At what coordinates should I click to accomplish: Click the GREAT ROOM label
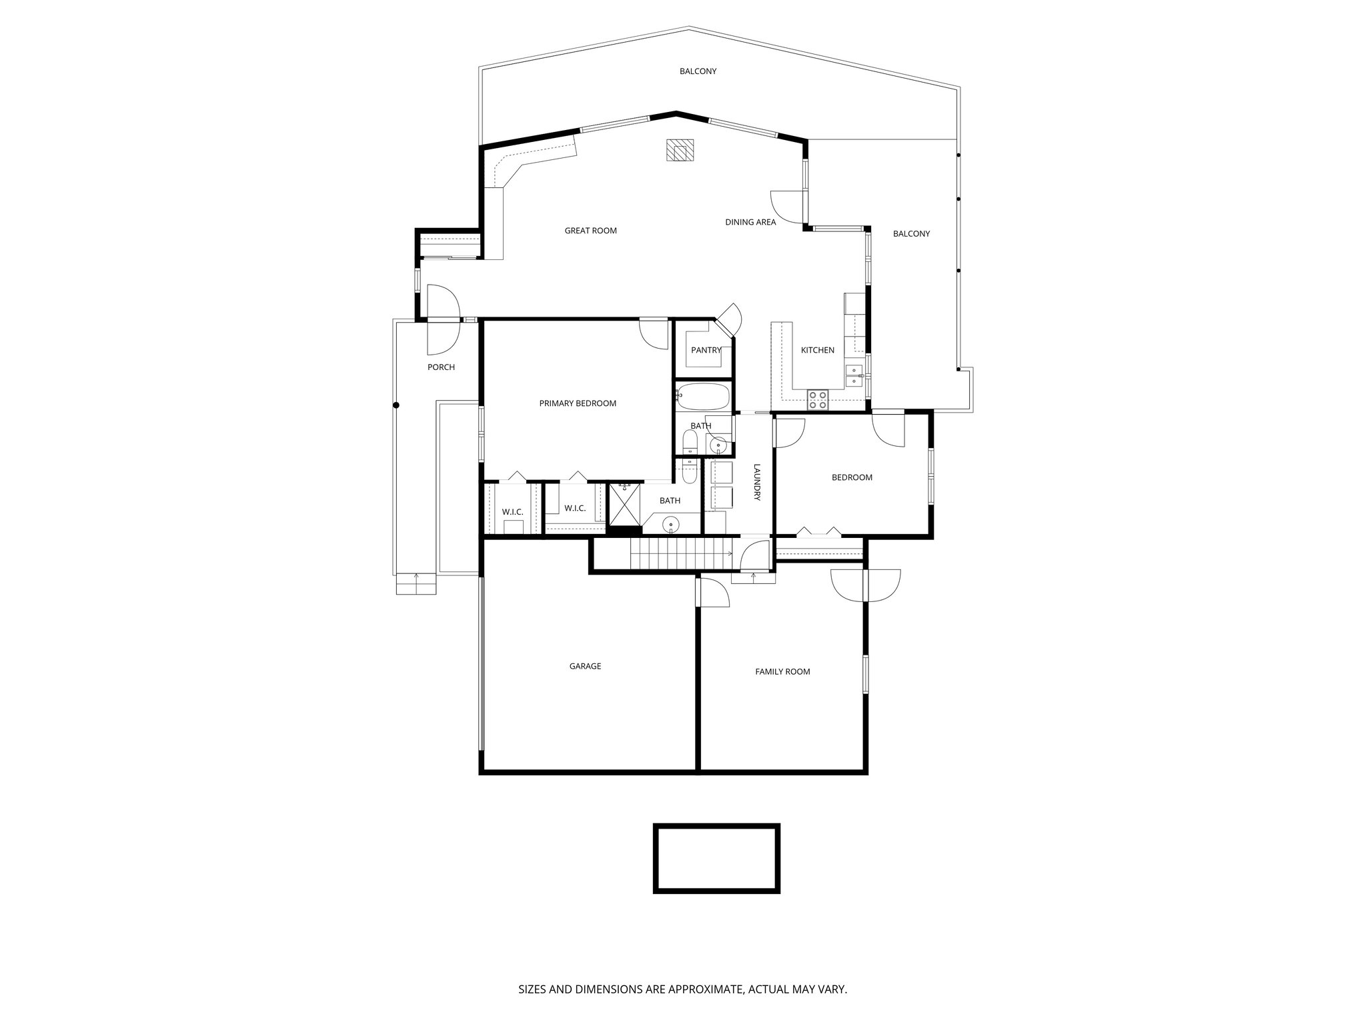click(590, 231)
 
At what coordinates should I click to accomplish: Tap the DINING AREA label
click(750, 222)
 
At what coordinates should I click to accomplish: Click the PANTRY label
click(706, 350)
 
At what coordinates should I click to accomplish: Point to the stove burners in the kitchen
click(818, 400)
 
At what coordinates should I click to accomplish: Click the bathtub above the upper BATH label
click(704, 397)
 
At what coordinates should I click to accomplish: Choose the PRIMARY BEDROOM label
click(578, 403)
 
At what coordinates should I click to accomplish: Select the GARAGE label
click(585, 666)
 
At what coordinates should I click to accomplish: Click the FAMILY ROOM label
click(782, 671)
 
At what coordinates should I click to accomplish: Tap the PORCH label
click(441, 367)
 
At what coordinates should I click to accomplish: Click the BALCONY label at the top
click(698, 71)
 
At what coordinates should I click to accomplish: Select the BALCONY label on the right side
click(911, 234)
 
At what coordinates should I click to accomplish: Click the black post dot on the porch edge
click(396, 405)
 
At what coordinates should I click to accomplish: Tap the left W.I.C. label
click(512, 512)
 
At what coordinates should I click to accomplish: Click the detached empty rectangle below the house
click(716, 859)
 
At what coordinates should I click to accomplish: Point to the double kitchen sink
click(853, 375)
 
